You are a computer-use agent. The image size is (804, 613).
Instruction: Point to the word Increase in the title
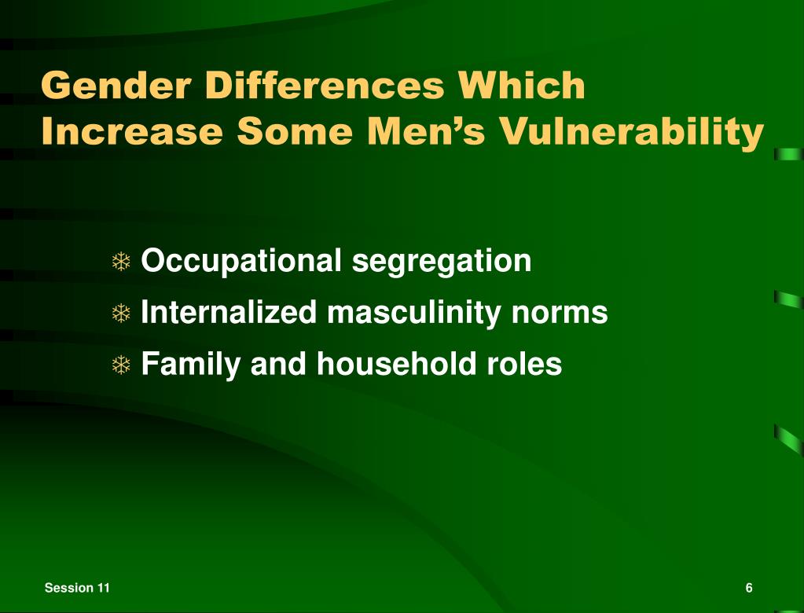[132, 131]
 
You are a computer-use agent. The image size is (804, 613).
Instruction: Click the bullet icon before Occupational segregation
[121, 262]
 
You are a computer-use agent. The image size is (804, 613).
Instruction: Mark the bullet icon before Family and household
[121, 365]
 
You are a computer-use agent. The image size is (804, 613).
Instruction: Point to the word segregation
[441, 261]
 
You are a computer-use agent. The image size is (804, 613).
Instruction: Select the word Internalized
[229, 313]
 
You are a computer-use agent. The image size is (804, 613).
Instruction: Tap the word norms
[560, 313]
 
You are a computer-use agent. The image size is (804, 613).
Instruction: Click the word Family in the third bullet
[189, 364]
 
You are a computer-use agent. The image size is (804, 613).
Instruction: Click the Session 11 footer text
[77, 589]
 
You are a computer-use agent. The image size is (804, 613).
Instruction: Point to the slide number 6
[749, 589]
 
